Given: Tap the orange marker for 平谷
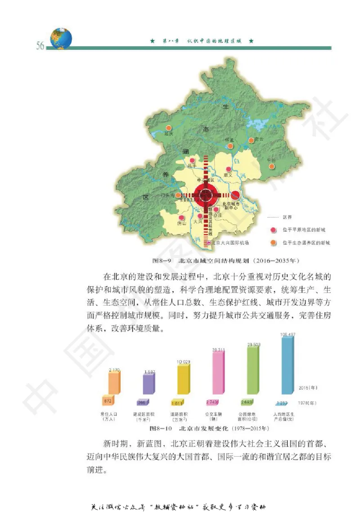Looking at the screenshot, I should click(x=271, y=166).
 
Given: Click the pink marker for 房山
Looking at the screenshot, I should click(x=182, y=217).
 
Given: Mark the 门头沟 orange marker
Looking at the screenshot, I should click(x=179, y=195).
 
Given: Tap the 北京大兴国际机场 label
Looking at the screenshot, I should click(x=229, y=243).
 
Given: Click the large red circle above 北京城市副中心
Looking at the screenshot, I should click(x=235, y=195).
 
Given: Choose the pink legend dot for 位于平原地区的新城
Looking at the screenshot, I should click(x=273, y=230).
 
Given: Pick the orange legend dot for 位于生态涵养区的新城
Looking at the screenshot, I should click(x=273, y=243).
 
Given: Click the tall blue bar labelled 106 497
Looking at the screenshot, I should click(x=288, y=365).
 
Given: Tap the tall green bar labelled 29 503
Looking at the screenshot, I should click(x=252, y=370).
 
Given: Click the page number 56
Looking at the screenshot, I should click(x=40, y=46).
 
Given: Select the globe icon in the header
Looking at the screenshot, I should click(x=61, y=38).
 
